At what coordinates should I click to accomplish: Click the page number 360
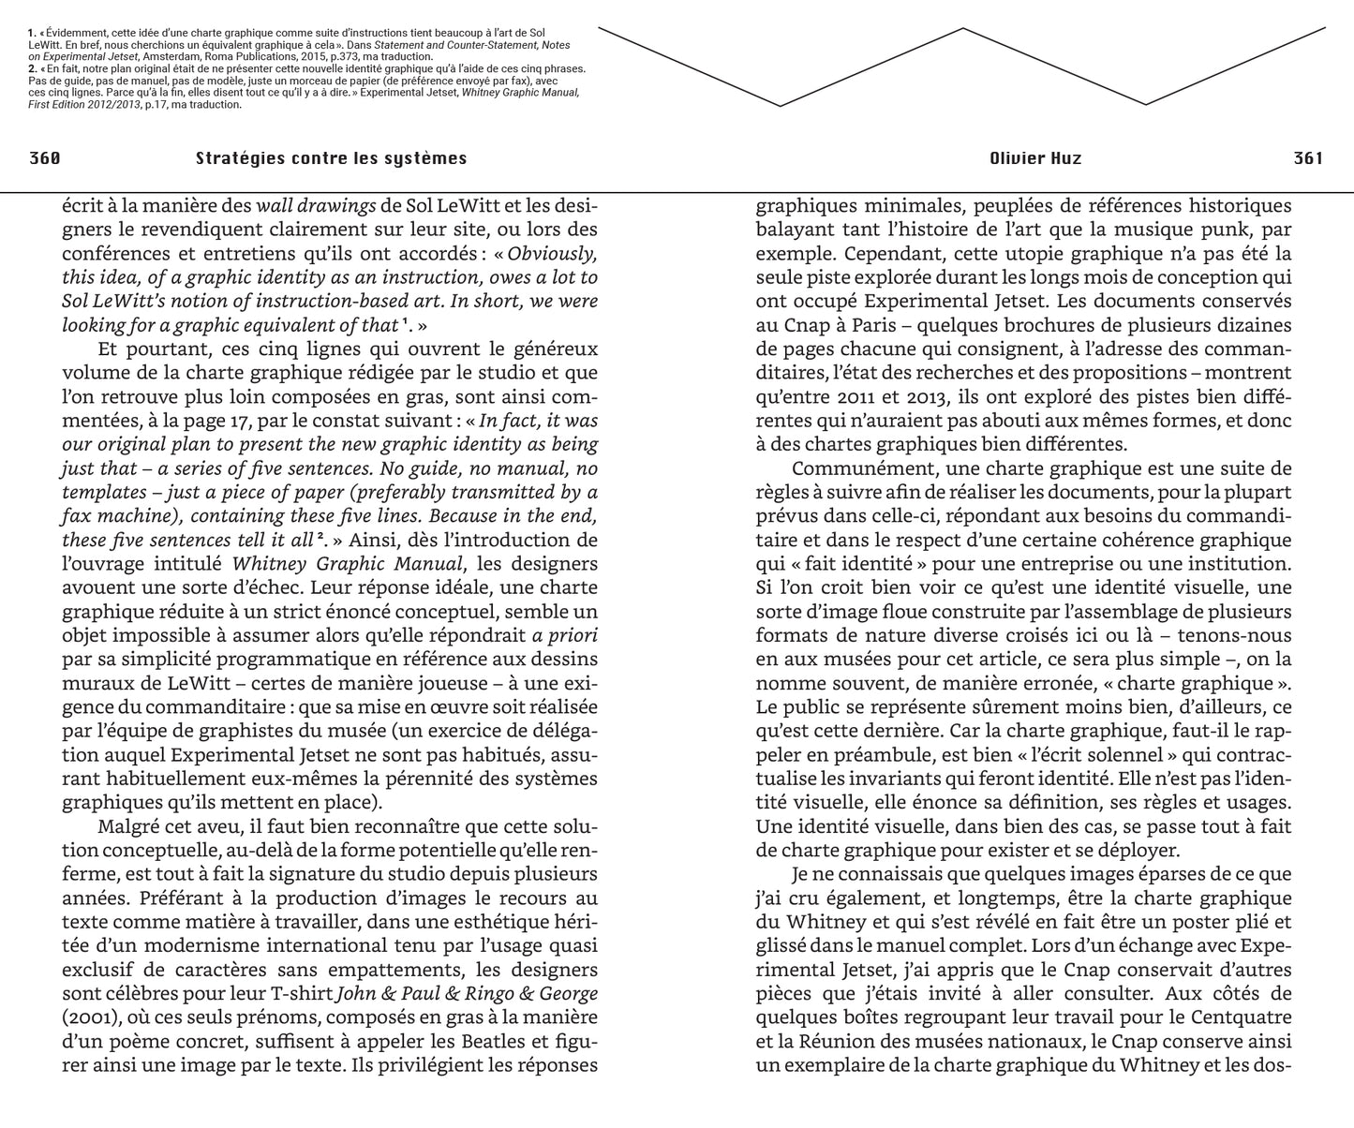click(45, 158)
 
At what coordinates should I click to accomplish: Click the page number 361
click(1308, 158)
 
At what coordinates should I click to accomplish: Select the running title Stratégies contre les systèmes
click(331, 158)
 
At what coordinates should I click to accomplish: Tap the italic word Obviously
click(552, 253)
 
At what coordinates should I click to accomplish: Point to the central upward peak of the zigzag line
click(962, 30)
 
